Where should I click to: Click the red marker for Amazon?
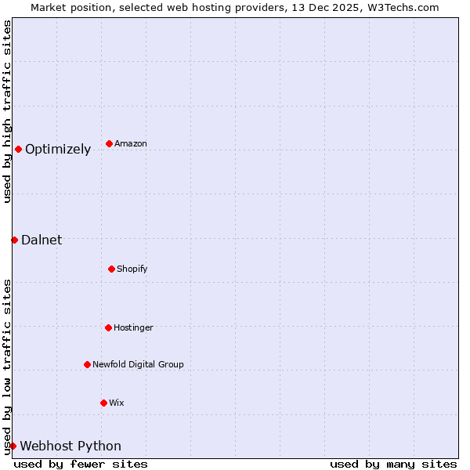tap(109, 143)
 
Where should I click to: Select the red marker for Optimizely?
tap(18, 149)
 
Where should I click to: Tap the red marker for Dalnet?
tap(14, 240)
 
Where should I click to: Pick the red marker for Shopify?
tap(111, 269)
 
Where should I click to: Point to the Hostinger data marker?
tap(108, 327)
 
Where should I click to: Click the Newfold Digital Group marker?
tap(87, 364)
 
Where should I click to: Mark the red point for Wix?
tap(103, 403)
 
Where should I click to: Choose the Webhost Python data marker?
tap(13, 446)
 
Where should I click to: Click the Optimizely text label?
tap(58, 150)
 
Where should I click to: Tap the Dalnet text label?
tap(42, 240)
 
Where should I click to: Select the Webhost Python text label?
tap(70, 446)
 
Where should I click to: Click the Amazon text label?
tap(131, 144)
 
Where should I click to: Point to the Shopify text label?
tap(132, 269)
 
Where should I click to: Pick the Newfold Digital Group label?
tap(138, 364)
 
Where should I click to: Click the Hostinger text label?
tap(133, 327)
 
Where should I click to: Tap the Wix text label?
tap(117, 403)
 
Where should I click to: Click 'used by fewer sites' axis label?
tap(81, 464)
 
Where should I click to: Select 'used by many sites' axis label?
tap(393, 464)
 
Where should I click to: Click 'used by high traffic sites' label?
tap(7, 111)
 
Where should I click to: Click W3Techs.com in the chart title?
tap(406, 7)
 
